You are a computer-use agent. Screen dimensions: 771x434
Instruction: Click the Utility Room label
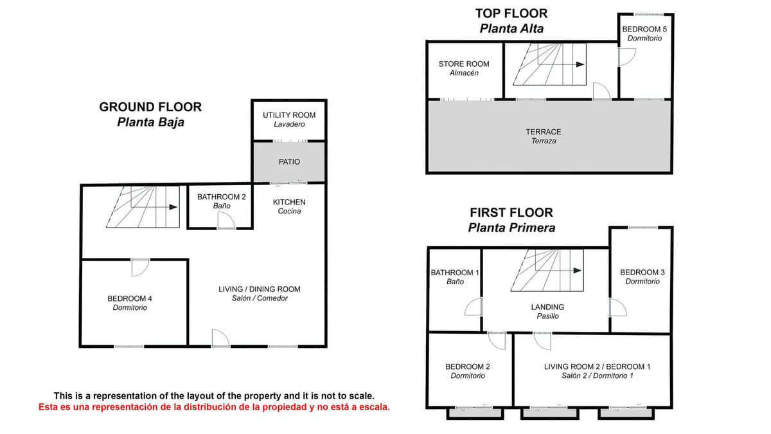tap(289, 120)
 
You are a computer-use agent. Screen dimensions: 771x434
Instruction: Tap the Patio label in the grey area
tap(289, 161)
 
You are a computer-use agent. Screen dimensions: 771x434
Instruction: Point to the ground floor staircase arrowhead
tap(173, 207)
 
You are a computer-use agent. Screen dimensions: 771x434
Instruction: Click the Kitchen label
tap(289, 206)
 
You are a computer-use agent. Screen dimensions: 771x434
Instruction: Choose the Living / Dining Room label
tap(260, 293)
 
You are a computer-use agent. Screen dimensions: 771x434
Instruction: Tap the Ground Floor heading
tap(150, 114)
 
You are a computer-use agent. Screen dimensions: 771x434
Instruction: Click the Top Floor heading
tap(511, 21)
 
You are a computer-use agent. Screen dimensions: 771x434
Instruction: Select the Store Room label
tap(464, 68)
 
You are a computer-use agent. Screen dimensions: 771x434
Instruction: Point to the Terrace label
tap(544, 136)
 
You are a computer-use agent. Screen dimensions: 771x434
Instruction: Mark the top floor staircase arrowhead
tap(580, 64)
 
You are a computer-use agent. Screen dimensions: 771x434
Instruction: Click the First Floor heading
tap(511, 220)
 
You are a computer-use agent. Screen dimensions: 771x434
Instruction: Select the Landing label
tap(547, 311)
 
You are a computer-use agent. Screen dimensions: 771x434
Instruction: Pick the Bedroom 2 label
tap(468, 371)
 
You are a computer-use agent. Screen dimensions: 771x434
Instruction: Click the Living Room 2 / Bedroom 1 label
tap(597, 371)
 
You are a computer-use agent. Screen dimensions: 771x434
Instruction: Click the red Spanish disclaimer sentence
tap(214, 407)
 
